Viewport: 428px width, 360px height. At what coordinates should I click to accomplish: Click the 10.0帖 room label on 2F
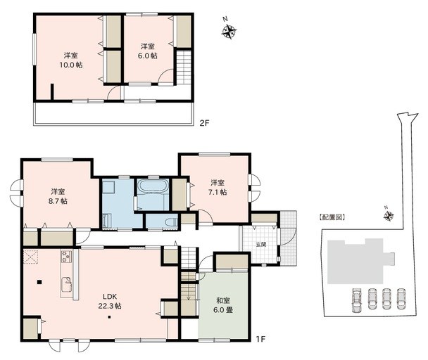click(x=70, y=59)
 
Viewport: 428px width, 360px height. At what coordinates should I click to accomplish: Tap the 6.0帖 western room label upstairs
click(x=147, y=51)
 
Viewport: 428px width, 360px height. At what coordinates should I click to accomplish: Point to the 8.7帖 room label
click(x=58, y=196)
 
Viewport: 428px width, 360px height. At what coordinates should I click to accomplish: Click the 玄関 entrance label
click(x=261, y=244)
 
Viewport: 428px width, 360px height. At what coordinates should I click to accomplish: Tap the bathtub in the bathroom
click(x=153, y=188)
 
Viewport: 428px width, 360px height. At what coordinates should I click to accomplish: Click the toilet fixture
click(x=170, y=221)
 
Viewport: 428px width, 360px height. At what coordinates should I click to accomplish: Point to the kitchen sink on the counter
click(x=67, y=283)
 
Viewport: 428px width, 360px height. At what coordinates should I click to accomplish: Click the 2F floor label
click(x=204, y=124)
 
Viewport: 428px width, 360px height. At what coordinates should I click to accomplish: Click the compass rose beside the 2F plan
click(x=229, y=30)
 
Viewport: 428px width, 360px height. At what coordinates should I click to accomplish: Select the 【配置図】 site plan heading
click(x=332, y=219)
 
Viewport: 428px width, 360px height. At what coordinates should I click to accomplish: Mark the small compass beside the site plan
click(x=389, y=216)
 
